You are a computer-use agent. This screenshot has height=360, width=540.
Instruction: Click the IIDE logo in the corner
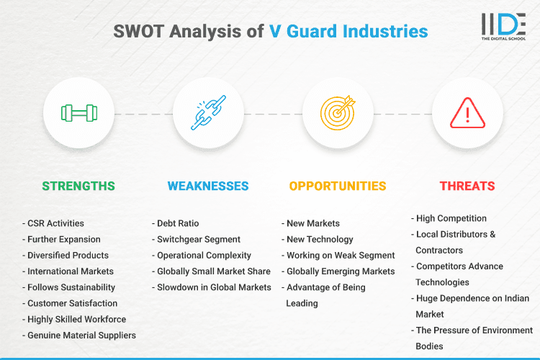click(x=503, y=27)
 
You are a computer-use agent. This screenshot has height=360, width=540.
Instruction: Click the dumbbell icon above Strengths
click(x=79, y=112)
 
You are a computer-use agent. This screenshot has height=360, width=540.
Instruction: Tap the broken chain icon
click(x=209, y=112)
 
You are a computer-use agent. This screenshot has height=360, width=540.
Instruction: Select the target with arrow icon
click(x=338, y=112)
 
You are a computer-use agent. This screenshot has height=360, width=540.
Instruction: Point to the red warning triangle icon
click(x=468, y=112)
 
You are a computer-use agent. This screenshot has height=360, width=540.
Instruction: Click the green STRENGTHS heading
click(x=78, y=186)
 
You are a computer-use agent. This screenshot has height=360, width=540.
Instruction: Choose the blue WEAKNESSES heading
click(x=208, y=186)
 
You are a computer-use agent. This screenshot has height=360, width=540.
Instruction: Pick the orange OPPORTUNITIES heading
click(x=338, y=186)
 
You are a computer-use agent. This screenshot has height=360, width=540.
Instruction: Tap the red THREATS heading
click(x=467, y=186)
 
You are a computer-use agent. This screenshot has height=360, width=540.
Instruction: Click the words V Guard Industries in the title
click(x=348, y=32)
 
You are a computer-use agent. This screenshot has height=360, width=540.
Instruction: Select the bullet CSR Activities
click(x=55, y=223)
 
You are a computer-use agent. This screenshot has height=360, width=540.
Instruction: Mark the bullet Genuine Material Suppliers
click(x=81, y=335)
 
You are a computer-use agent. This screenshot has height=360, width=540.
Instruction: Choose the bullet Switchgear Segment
click(x=199, y=239)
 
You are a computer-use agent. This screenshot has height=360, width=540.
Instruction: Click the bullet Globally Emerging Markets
click(x=340, y=271)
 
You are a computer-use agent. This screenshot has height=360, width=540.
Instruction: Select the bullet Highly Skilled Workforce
click(x=76, y=319)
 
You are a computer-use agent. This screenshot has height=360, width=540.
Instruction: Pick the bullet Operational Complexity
click(x=204, y=255)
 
